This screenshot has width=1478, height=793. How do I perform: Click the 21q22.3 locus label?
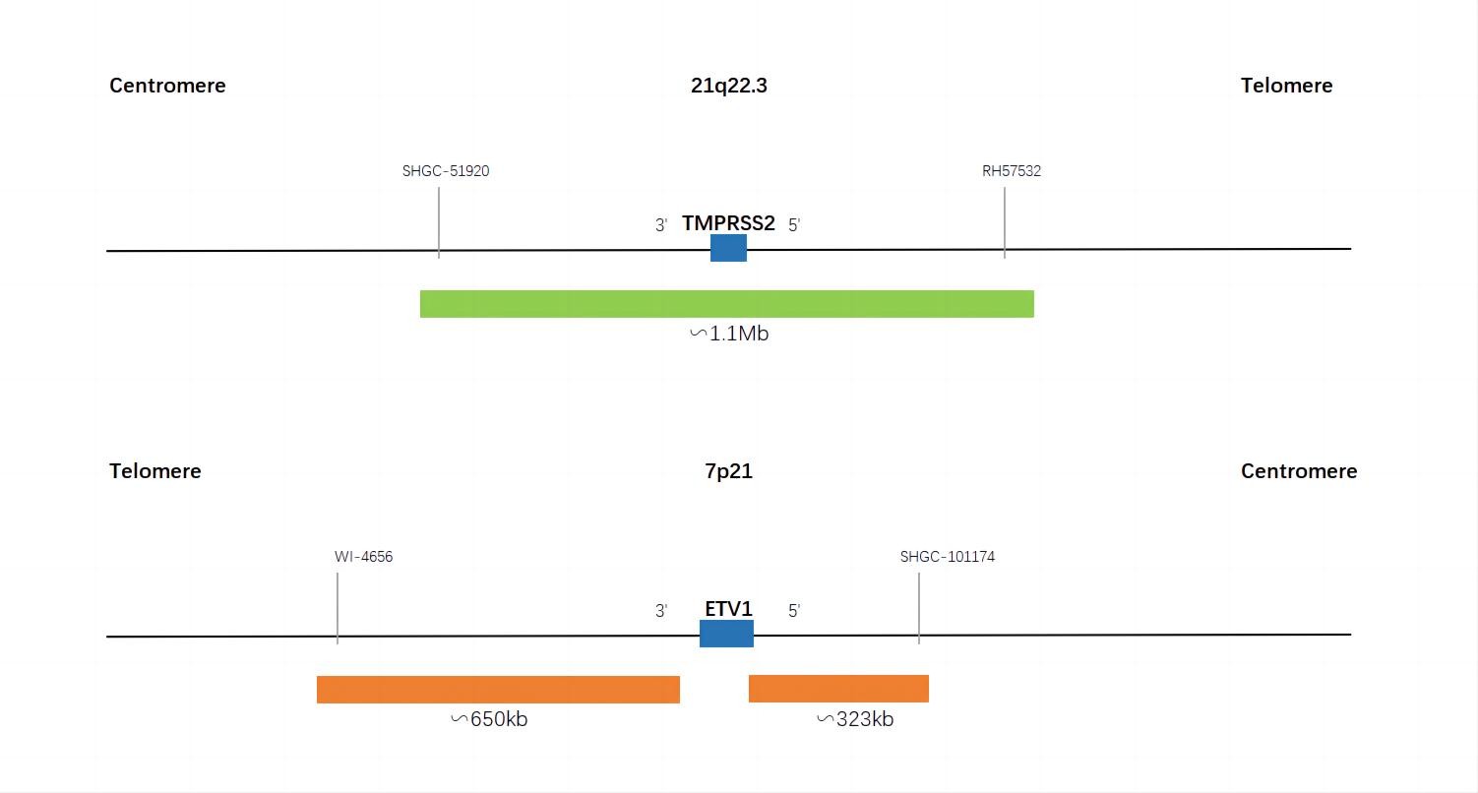coord(728,86)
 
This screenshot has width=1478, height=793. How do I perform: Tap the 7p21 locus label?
coord(728,471)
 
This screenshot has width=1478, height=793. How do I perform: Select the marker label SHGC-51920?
coord(446,171)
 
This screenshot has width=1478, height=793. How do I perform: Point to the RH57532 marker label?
coord(1012,171)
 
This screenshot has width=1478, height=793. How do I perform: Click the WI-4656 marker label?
coord(363,557)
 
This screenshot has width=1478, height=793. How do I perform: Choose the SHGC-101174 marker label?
coord(948,557)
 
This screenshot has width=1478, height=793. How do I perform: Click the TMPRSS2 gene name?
coord(728,223)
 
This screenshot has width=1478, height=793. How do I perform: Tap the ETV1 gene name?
coord(728,609)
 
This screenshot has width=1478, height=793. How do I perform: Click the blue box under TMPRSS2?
coord(728,248)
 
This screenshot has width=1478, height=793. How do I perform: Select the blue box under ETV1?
coord(726,634)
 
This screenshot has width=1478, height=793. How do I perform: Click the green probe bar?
coord(727,304)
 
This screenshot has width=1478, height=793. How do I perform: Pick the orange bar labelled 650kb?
coord(498,690)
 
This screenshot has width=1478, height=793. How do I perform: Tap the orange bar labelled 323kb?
coord(838,689)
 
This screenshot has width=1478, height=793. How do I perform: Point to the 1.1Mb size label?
coord(729,334)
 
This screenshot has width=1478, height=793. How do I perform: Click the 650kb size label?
coord(490,719)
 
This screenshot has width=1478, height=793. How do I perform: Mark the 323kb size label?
coord(856,719)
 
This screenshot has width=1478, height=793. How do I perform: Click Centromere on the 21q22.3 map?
coord(167,86)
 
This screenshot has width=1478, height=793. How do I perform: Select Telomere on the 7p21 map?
coord(155,471)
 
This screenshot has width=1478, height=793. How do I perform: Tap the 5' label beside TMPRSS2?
coord(794,225)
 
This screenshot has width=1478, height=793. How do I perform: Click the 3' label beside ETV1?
coord(661,611)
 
